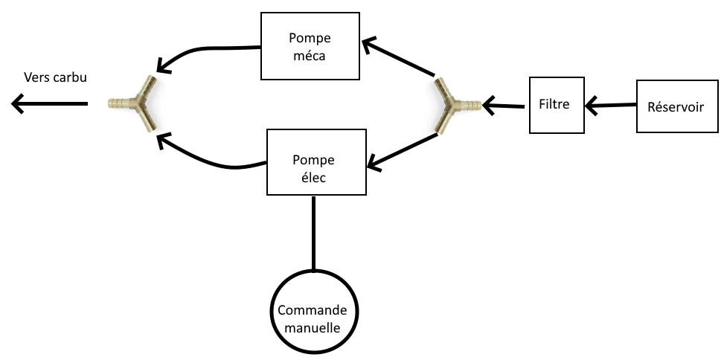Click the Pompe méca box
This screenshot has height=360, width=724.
pyautogui.click(x=311, y=45)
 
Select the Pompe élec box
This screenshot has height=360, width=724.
pyautogui.click(x=316, y=162)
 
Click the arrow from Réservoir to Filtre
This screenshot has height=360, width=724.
pyautogui.click(x=611, y=106)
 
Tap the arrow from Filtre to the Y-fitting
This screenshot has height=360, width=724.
pyautogui.click(x=505, y=106)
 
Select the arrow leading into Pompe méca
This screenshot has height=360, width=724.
pyautogui.click(x=398, y=58)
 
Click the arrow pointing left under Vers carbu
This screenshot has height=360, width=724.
pyautogui.click(x=49, y=103)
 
